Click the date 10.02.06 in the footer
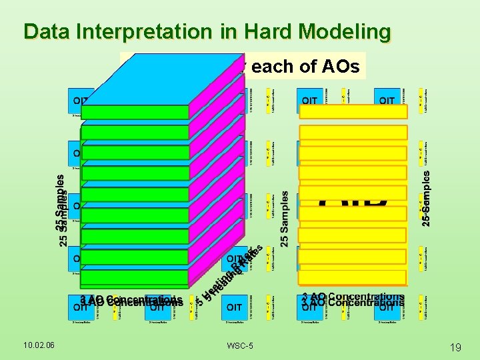[x=39, y=345]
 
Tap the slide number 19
[x=456, y=347]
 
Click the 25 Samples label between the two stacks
[x=285, y=219]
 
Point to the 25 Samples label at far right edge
[x=427, y=200]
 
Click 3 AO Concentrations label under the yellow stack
[x=353, y=299]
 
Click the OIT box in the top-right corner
[x=387, y=101]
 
